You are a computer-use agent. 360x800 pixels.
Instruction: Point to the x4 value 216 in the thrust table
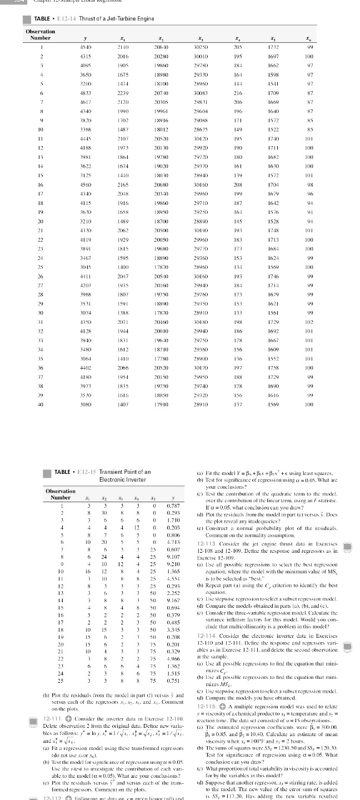239,93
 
